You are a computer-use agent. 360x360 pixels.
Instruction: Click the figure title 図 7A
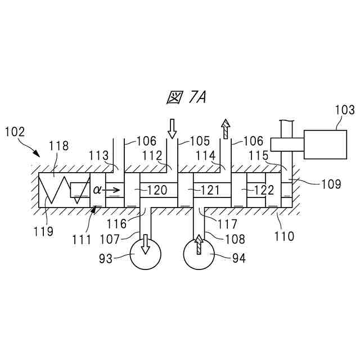[x=187, y=98]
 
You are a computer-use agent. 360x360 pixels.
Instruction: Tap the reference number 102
[x=14, y=132]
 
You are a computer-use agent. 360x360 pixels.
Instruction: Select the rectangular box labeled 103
[x=326, y=145]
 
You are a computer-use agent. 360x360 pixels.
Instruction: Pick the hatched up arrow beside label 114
[x=226, y=128]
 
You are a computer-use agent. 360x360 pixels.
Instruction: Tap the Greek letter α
[x=97, y=190]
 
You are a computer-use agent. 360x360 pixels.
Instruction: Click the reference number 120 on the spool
[x=157, y=190]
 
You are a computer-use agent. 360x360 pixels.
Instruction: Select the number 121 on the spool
[x=210, y=190]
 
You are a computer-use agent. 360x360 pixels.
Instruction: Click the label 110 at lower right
[x=284, y=237]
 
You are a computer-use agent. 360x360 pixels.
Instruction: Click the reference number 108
[x=235, y=240]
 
